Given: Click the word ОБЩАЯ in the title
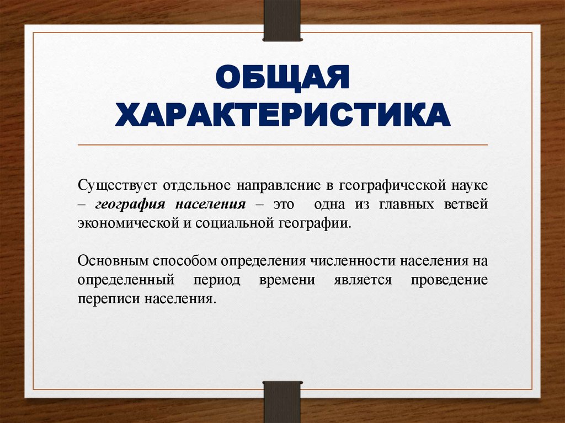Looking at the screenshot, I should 282,78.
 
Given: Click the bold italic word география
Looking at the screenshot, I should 130,204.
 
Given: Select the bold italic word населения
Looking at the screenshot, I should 211,204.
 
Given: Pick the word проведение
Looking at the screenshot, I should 449,280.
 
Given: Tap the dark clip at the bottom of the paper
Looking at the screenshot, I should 282,401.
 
